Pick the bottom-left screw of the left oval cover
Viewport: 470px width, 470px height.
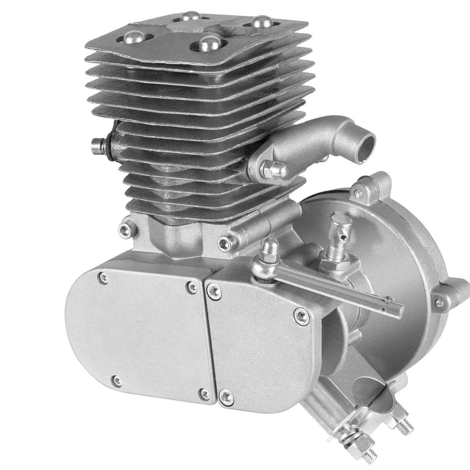click(x=116, y=379)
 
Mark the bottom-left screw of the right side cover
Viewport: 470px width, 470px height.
click(x=223, y=395)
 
